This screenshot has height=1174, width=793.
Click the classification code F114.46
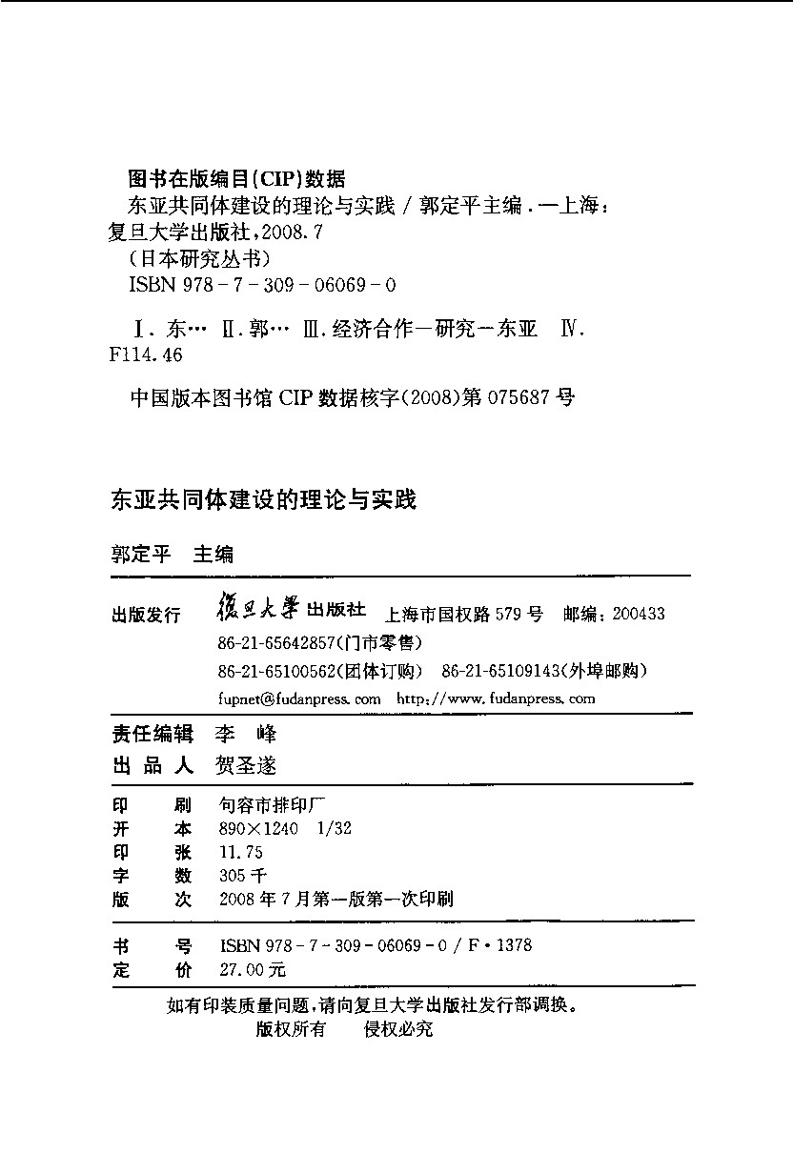pos(147,354)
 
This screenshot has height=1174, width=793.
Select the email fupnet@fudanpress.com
pos(299,698)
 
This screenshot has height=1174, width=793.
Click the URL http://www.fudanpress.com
pos(495,698)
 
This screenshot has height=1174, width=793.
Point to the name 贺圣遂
pos(247,765)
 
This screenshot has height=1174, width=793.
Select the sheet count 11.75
pos(240,852)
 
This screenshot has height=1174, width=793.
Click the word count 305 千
pos(243,876)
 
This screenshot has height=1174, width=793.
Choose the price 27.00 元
pos(252,970)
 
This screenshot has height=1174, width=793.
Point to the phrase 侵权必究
pos(398,1029)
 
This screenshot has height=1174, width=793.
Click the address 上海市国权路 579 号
pos(461,615)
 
